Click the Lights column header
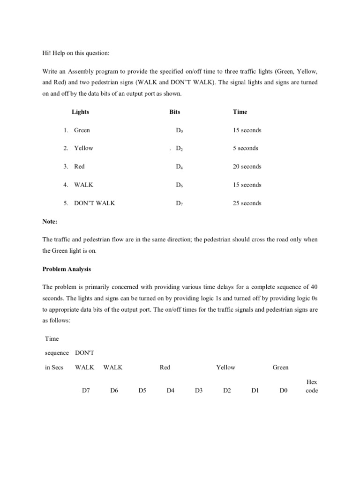[80, 112]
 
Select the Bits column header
[174, 112]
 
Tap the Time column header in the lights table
[240, 112]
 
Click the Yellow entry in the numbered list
[83, 148]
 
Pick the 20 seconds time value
[247, 166]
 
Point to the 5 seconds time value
[245, 148]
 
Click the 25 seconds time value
[247, 203]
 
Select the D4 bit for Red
[179, 167]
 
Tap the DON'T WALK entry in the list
[94, 203]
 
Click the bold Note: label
[50, 221]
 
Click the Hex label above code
[311, 382]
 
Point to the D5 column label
[142, 390]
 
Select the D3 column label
[198, 390]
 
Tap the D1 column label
[255, 390]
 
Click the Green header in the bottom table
[280, 367]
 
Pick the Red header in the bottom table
[165, 367]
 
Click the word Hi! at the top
[47, 53]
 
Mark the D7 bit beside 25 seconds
[179, 203]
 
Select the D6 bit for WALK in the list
[179, 185]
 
